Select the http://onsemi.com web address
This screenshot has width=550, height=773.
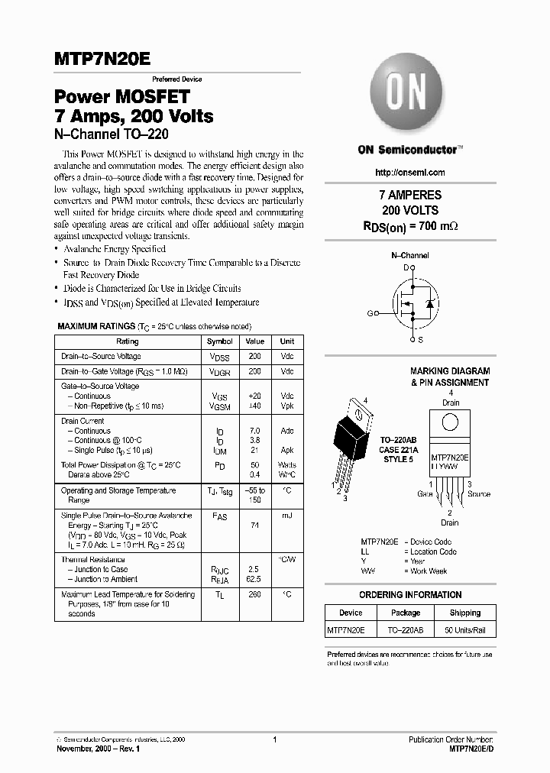pyautogui.click(x=411, y=173)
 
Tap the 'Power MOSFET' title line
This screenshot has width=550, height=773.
pyautogui.click(x=121, y=98)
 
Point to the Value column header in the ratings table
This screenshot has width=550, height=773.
pyautogui.click(x=255, y=341)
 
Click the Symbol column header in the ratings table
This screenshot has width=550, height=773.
pyautogui.click(x=220, y=341)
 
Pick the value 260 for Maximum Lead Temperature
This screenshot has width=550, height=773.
pyautogui.click(x=255, y=593)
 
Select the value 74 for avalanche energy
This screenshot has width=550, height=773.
pyautogui.click(x=255, y=526)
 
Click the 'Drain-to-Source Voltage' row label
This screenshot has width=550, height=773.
pyautogui.click(x=101, y=357)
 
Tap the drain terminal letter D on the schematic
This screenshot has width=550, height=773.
pyautogui.click(x=406, y=267)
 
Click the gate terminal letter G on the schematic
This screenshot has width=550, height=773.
pyautogui.click(x=370, y=313)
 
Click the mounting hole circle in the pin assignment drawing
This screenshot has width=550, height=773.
pyautogui.click(x=450, y=421)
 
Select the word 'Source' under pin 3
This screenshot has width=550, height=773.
pyautogui.click(x=479, y=494)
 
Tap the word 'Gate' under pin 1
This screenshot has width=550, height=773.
pyautogui.click(x=425, y=494)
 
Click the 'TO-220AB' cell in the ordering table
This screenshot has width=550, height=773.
pyautogui.click(x=406, y=630)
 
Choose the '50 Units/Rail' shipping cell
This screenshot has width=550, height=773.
pyautogui.click(x=465, y=630)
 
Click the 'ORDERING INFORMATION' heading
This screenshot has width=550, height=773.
pyautogui.click(x=410, y=595)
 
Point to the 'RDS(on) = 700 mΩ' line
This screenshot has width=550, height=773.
pyautogui.click(x=410, y=227)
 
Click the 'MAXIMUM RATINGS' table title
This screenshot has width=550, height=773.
pyautogui.click(x=92, y=326)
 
